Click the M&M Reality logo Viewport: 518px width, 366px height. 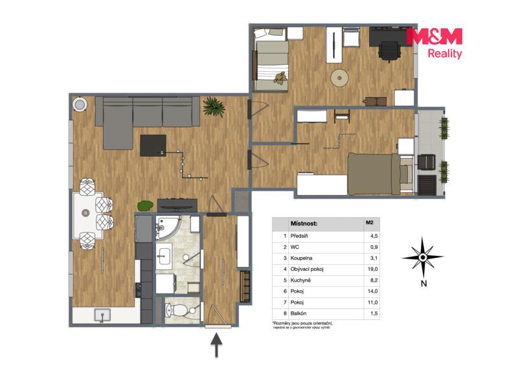click(x=434, y=43)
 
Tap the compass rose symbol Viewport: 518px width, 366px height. click(x=423, y=257)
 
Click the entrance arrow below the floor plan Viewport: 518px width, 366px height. click(x=216, y=345)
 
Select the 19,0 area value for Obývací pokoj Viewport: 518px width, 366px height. click(x=373, y=269)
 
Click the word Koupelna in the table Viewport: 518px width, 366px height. click(x=301, y=258)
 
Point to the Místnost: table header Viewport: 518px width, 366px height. click(x=304, y=223)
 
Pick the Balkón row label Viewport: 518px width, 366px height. click(x=298, y=313)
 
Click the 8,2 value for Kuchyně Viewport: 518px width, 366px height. click(x=374, y=280)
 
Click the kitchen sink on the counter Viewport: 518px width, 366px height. click(x=102, y=315)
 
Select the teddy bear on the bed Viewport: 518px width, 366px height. click(x=280, y=78)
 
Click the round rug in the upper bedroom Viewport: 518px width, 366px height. click(x=339, y=78)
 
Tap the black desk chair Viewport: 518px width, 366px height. click(x=390, y=51)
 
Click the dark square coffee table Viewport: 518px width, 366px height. click(x=153, y=146)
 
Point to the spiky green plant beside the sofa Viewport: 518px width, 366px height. click(x=214, y=106)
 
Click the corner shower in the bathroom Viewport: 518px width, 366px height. click(x=168, y=227)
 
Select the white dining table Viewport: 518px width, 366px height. click(x=88, y=215)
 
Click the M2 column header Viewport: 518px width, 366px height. click(x=369, y=222)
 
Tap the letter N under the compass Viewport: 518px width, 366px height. click(x=423, y=283)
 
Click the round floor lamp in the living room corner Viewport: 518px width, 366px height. click(x=80, y=105)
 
